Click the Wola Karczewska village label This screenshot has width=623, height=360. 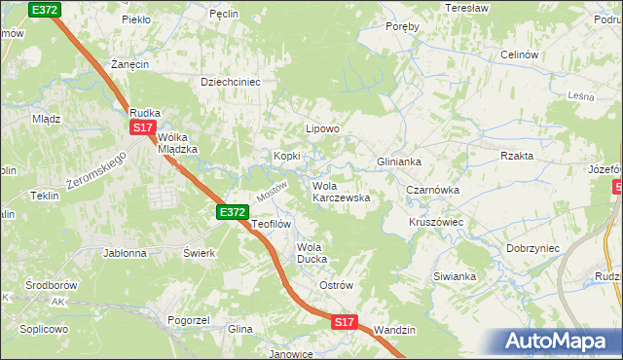(341, 192)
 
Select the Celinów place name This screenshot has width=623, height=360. (519, 55)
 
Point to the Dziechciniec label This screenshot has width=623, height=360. (231, 83)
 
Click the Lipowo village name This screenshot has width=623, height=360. (322, 128)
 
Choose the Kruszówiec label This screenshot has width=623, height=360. (435, 222)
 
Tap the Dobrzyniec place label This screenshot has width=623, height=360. (532, 248)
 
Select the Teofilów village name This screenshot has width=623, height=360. (272, 224)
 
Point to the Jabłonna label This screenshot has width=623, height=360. (125, 252)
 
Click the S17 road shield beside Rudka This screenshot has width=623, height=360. (143, 127)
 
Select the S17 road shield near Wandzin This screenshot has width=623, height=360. (344, 321)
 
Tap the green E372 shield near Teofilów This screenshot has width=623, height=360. (232, 211)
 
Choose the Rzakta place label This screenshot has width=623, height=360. (517, 156)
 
